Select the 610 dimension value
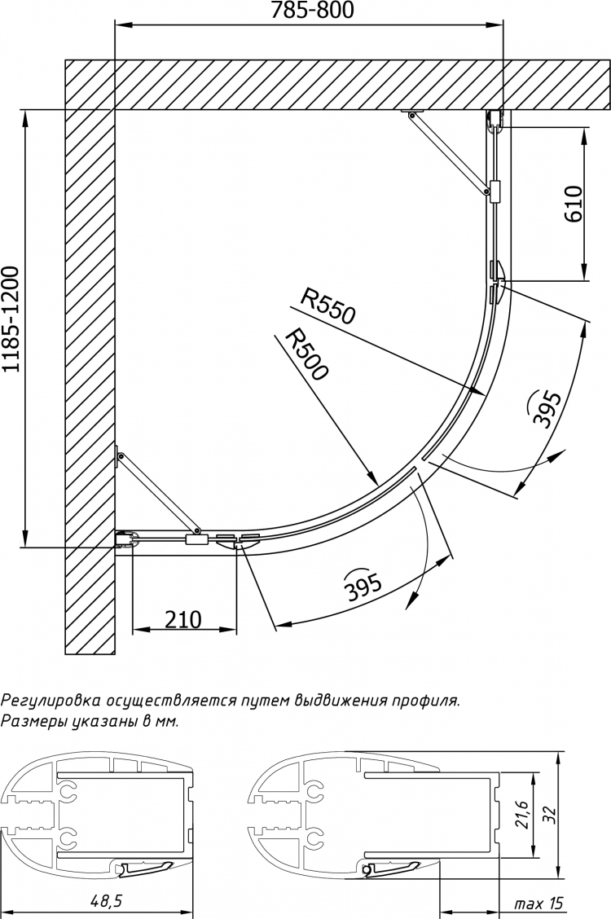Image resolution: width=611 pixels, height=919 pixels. click(x=573, y=204)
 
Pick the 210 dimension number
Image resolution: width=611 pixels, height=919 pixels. click(x=182, y=619)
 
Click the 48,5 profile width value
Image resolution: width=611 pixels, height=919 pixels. click(x=101, y=901)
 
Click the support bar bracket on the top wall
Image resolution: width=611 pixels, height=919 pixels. click(x=412, y=112)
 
